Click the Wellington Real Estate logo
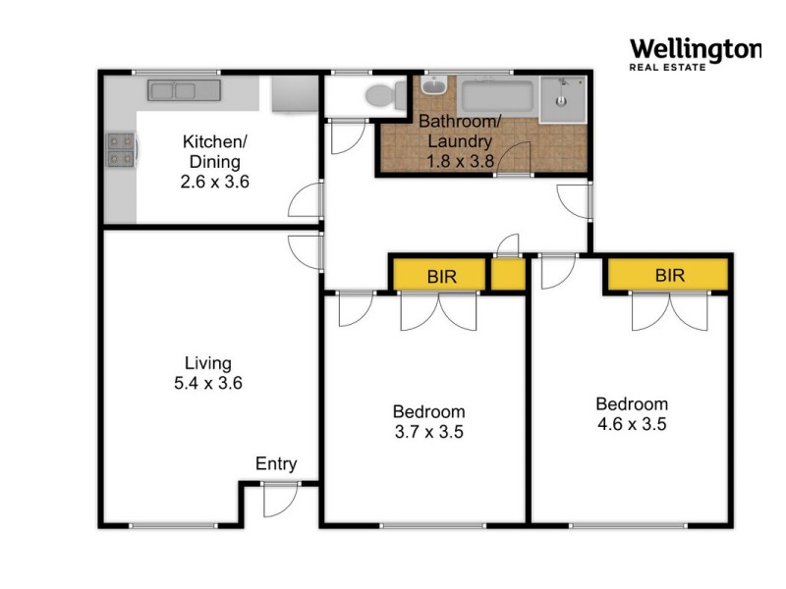[694, 54]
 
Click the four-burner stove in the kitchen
[120, 149]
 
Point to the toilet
[384, 95]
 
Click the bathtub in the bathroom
[497, 97]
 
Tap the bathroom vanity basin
[433, 87]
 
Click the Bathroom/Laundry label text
[460, 132]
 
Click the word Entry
[275, 464]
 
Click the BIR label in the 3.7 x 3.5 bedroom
[440, 276]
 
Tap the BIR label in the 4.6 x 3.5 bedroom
[669, 276]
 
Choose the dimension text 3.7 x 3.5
[428, 431]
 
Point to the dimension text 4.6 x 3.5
[632, 424]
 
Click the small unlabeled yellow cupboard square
[508, 276]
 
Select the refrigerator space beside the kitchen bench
[291, 95]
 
